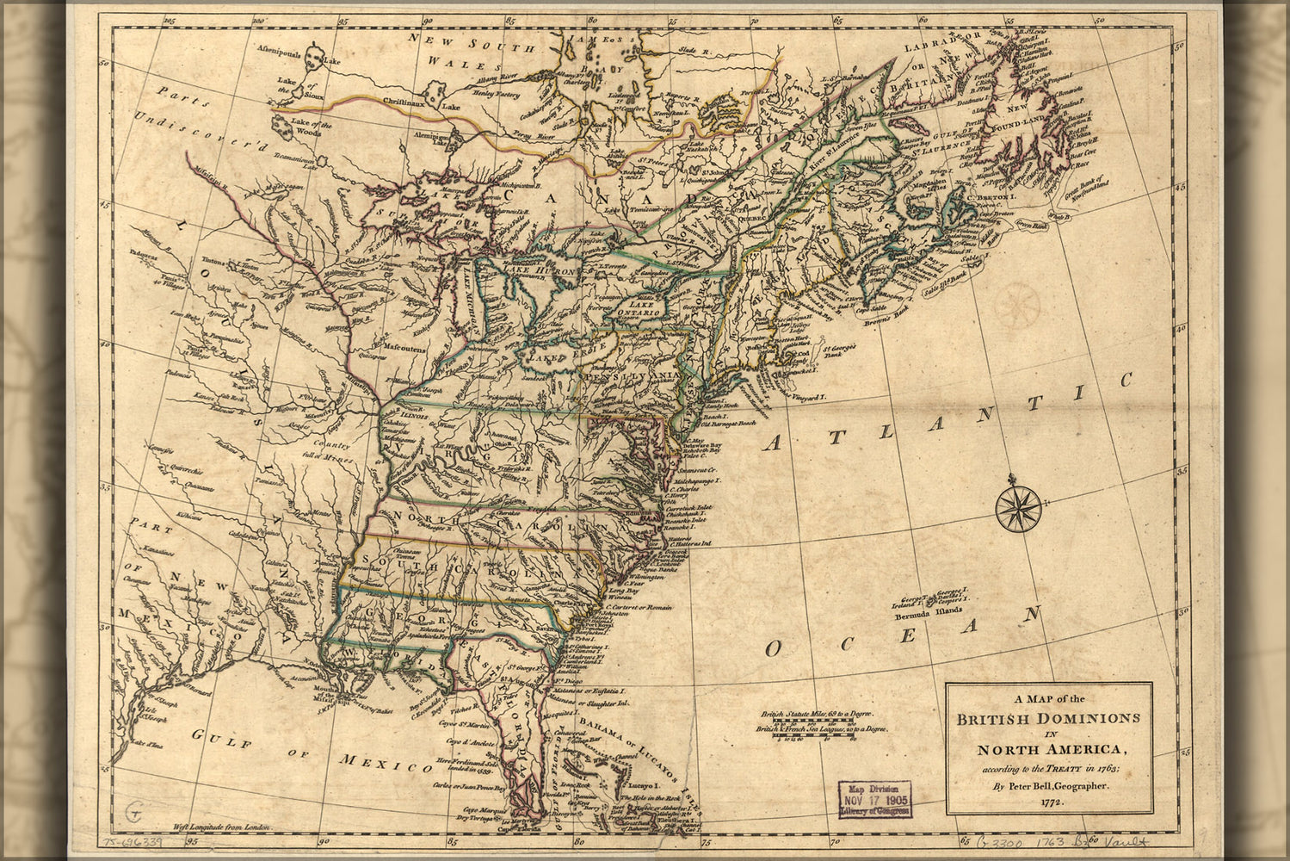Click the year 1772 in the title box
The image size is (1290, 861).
pyautogui.click(x=1048, y=802)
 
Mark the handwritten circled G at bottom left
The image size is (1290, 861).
pyautogui.click(x=133, y=809)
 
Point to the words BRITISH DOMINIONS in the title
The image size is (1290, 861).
pyautogui.click(x=1048, y=717)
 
